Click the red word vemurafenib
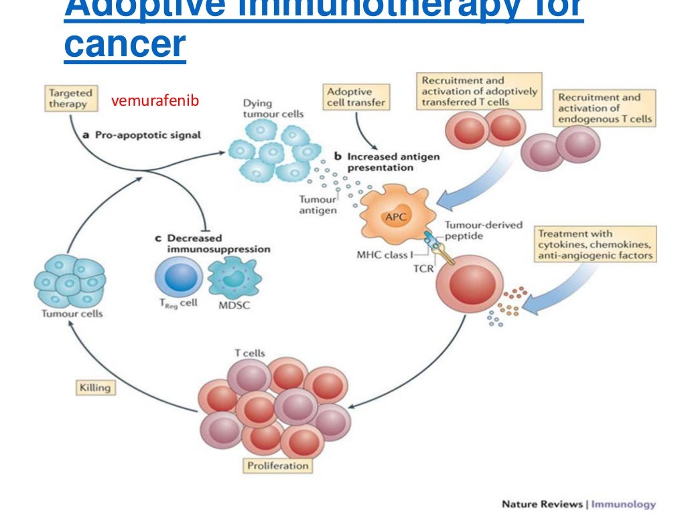tap(155, 101)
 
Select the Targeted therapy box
tap(70, 98)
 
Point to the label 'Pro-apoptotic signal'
tap(146, 135)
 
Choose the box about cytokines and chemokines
tap(594, 244)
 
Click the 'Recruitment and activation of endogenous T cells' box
tap(605, 108)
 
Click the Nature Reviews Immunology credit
tap(578, 504)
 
